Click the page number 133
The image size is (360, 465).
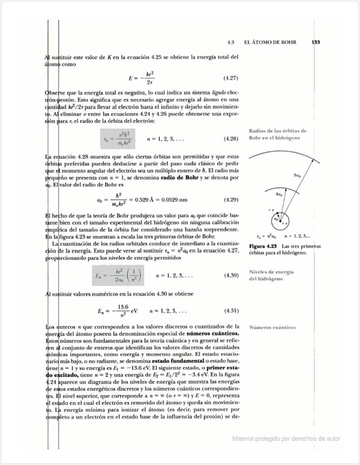tap(316, 42)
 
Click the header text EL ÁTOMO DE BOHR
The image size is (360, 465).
tap(270, 42)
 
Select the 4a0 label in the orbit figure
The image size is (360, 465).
tap(279, 193)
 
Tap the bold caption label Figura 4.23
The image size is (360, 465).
tap(263, 246)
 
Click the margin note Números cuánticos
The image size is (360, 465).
tap(272, 327)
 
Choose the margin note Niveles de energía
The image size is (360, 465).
tap(272, 272)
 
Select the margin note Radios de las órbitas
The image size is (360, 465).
tap(278, 131)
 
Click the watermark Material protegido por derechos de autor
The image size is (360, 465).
tap(286, 438)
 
